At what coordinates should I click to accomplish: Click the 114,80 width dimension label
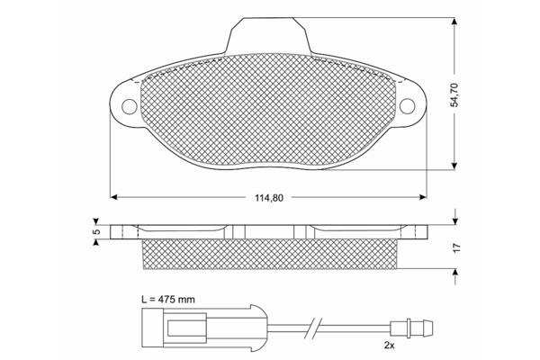pos(269,198)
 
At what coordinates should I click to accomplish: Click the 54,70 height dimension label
pos(454,94)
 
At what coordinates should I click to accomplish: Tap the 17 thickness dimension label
pos(456,247)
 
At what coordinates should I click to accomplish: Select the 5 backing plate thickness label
pos(97,232)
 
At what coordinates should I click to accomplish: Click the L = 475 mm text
pos(168,300)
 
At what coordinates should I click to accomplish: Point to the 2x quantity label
pos(389,346)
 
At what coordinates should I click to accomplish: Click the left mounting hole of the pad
pos(130,106)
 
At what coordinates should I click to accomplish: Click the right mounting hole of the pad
pos(407,106)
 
